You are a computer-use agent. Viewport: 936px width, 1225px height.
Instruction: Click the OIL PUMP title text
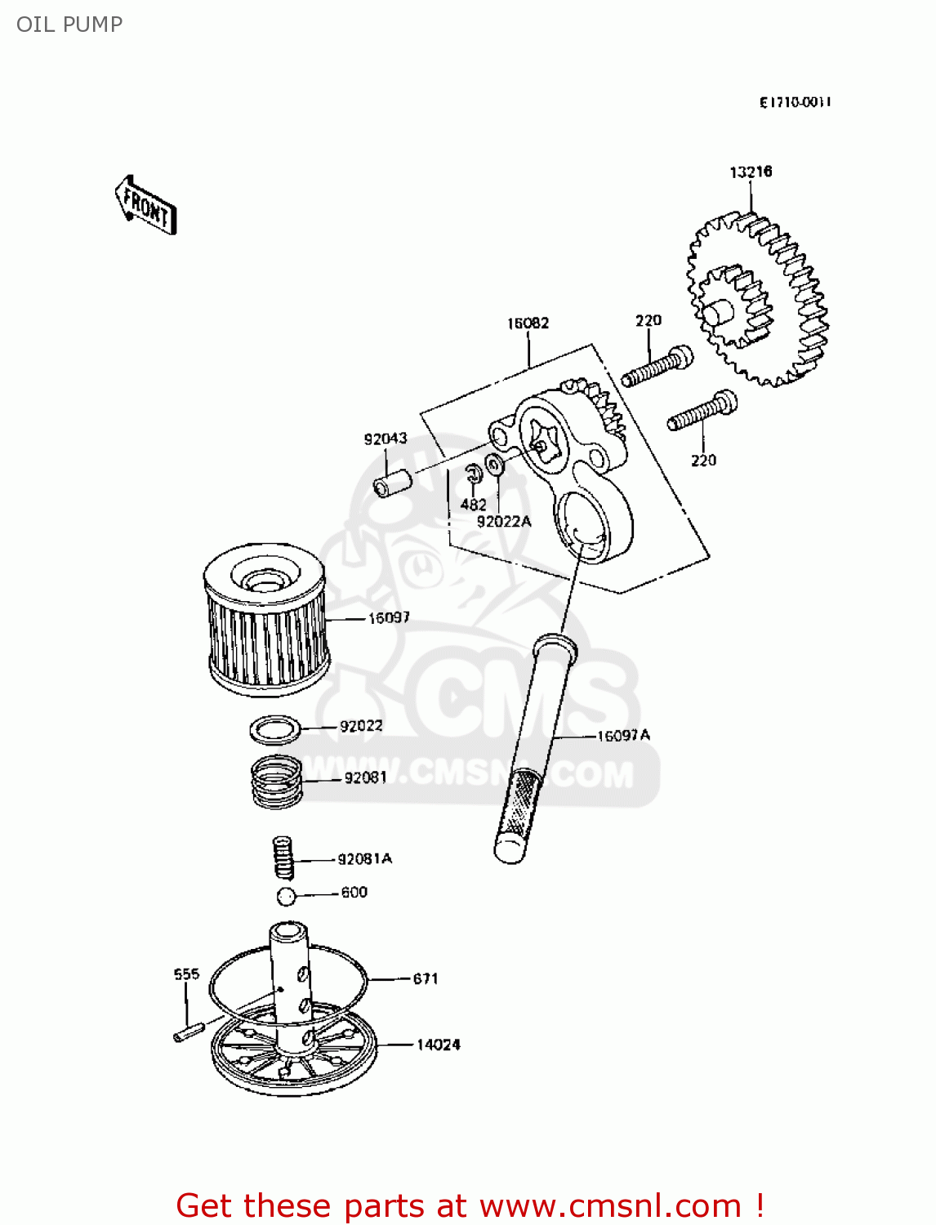click(x=69, y=24)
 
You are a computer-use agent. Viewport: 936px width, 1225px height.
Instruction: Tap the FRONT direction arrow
click(x=145, y=206)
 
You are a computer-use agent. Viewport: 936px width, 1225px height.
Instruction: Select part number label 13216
click(x=750, y=171)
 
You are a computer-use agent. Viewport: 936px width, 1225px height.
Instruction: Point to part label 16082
click(x=528, y=323)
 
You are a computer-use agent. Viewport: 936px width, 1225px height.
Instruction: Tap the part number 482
click(x=473, y=504)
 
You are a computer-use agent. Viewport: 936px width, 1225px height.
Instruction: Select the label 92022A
click(x=504, y=521)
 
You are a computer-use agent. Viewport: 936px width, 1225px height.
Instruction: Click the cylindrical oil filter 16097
click(x=265, y=621)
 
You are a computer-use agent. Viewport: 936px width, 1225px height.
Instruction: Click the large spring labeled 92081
click(x=276, y=782)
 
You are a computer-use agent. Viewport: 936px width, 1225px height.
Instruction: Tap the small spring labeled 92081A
click(x=283, y=857)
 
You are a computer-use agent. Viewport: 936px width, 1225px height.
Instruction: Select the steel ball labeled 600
click(x=286, y=896)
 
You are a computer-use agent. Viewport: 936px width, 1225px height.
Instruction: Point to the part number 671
click(x=425, y=978)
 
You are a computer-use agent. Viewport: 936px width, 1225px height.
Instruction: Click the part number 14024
click(x=439, y=1045)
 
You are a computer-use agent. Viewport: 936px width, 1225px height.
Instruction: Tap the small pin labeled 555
click(x=188, y=1032)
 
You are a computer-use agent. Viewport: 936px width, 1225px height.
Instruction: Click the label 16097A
click(x=623, y=736)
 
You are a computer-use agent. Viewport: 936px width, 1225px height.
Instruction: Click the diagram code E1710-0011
click(x=795, y=102)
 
